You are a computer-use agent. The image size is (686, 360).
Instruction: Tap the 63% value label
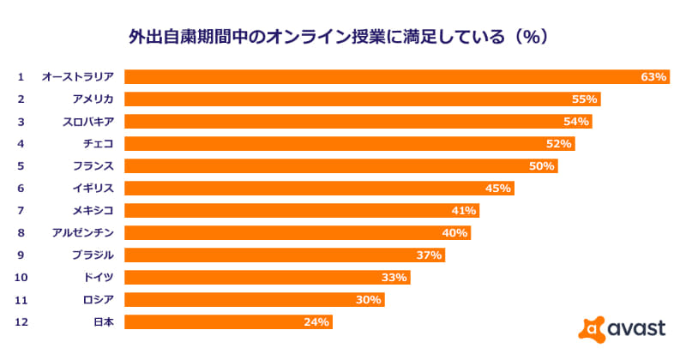click(x=653, y=77)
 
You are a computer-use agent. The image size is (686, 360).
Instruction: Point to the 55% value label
click(x=585, y=99)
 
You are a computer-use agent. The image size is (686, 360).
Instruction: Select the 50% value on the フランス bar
click(x=542, y=166)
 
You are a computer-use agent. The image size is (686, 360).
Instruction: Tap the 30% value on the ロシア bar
click(x=370, y=300)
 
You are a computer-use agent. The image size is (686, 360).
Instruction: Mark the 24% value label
click(x=316, y=322)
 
